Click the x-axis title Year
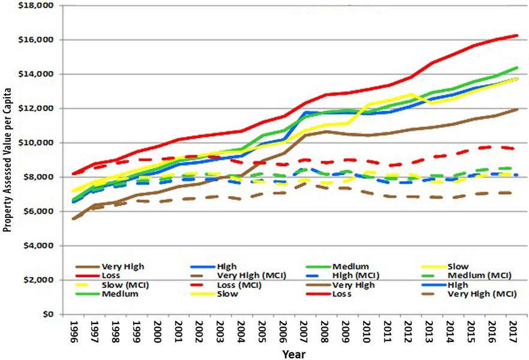(294, 353)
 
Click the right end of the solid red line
(518, 35)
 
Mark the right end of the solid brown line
(518, 109)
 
